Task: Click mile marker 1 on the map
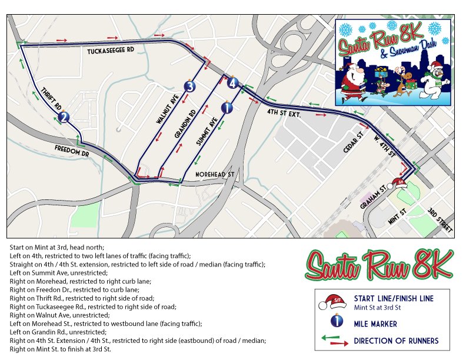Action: (227, 107)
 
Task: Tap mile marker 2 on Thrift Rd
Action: (64, 117)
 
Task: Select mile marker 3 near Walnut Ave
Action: (189, 86)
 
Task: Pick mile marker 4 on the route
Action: (234, 83)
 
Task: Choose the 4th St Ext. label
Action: (284, 112)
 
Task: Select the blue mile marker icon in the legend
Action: (337, 321)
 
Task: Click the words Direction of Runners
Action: (396, 341)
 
